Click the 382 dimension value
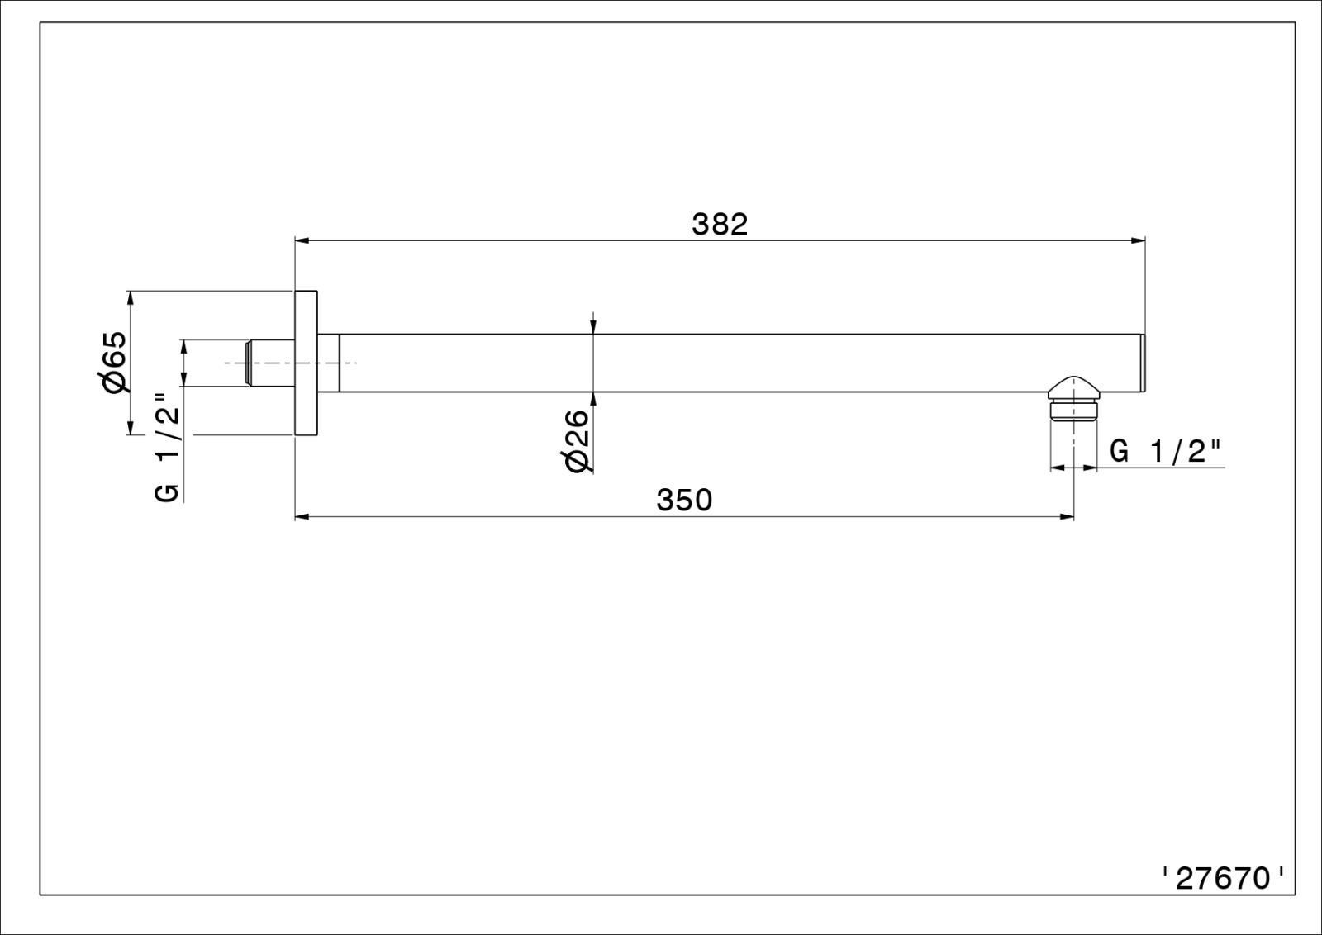pos(720,225)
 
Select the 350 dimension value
pos(685,501)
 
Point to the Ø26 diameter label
pos(578,441)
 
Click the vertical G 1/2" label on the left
pos(167,448)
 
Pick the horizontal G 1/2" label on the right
pos(1165,452)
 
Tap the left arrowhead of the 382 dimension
pos(302,240)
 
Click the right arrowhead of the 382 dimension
pos(1138,240)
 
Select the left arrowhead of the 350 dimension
pos(302,517)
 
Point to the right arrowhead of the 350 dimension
pos(1067,517)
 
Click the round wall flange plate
pos(307,363)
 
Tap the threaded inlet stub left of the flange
pos(270,363)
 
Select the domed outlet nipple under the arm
pos(1073,398)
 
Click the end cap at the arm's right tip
pos(1143,363)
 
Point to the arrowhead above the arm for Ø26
pos(594,327)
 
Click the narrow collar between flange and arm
pos(329,363)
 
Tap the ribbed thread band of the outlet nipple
pos(1073,411)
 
